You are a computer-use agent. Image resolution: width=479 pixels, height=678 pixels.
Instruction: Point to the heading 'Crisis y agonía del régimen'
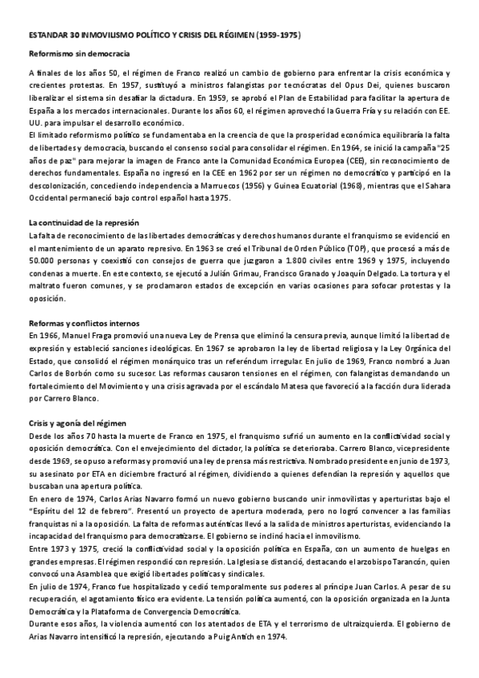[78, 422]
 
